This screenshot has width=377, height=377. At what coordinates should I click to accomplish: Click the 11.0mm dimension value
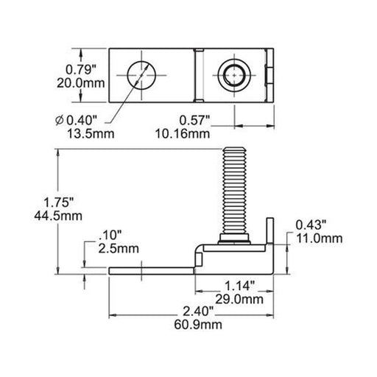click(x=318, y=237)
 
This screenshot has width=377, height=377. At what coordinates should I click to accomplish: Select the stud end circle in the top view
click(x=234, y=74)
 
